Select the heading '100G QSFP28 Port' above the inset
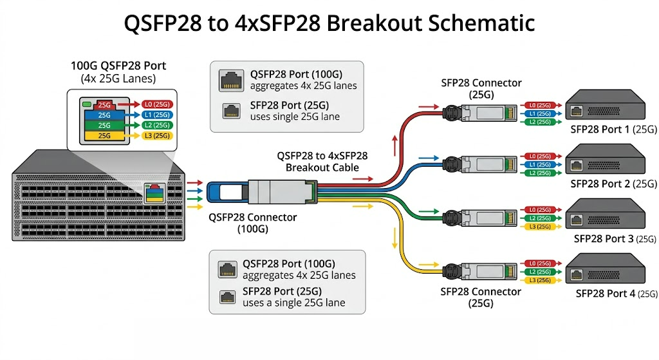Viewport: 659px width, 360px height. pyautogui.click(x=118, y=66)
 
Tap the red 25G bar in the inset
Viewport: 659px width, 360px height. pyautogui.click(x=104, y=104)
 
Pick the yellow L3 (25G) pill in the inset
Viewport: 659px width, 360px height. pyautogui.click(x=157, y=135)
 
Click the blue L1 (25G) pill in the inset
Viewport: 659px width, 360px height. pyautogui.click(x=157, y=114)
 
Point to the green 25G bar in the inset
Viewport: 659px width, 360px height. pyautogui.click(x=104, y=125)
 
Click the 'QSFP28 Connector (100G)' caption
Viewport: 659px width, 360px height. pyautogui.click(x=252, y=223)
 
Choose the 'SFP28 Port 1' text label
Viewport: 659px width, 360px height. pyautogui.click(x=602, y=129)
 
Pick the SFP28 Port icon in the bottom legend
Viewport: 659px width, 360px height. pyautogui.click(x=227, y=297)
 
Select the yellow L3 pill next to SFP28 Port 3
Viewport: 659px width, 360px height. pyautogui.click(x=539, y=227)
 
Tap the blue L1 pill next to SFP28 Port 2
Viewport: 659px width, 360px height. pyautogui.click(x=539, y=165)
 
